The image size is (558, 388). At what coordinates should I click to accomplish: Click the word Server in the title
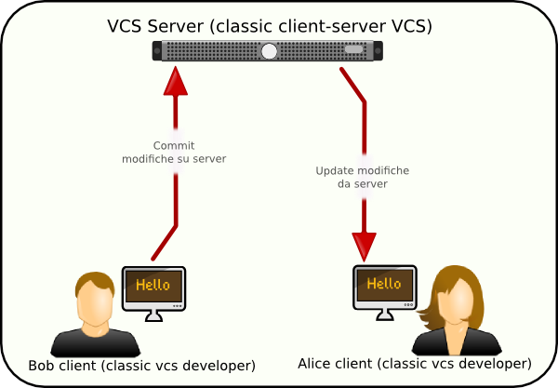(176, 26)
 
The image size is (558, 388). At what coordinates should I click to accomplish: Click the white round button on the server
(269, 51)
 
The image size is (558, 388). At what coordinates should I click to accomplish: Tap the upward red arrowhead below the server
(176, 81)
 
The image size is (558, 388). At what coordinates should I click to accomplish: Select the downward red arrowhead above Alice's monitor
(364, 248)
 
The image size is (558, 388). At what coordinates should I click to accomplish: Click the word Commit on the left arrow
(174, 145)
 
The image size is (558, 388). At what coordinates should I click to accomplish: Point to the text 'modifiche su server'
(174, 159)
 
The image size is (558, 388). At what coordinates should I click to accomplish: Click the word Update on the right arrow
(334, 171)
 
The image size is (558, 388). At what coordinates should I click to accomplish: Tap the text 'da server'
(363, 184)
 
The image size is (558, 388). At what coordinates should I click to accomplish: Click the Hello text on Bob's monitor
(153, 285)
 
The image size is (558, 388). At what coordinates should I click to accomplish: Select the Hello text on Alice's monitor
(384, 284)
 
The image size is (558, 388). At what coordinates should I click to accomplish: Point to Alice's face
(456, 301)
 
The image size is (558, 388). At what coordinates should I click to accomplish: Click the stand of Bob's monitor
(153, 315)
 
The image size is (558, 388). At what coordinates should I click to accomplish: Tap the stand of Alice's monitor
(385, 314)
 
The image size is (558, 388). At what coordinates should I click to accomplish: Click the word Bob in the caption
(41, 366)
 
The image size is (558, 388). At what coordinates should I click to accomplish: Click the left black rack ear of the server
(157, 50)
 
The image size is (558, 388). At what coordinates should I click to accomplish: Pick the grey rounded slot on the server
(353, 49)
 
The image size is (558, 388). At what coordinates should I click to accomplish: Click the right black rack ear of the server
(378, 50)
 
